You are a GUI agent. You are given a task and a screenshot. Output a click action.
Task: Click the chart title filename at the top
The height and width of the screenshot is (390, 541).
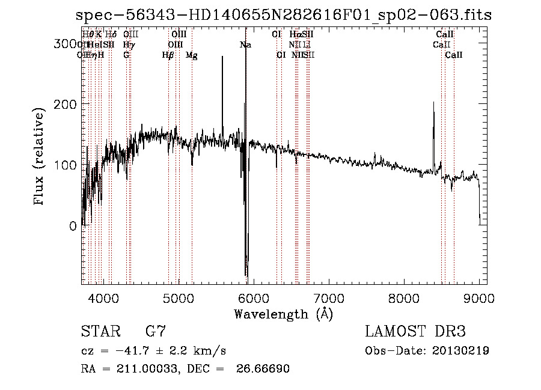284,16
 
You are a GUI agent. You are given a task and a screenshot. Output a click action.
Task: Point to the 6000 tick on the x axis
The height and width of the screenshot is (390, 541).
254,297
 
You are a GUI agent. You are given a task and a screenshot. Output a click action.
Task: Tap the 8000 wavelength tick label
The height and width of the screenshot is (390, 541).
404,297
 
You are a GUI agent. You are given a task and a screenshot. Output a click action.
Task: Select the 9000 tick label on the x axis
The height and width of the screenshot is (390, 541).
479,297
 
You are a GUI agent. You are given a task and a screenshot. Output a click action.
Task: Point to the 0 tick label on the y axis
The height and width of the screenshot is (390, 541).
73,226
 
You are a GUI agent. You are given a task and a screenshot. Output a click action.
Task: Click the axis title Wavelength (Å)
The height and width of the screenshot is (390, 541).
283,314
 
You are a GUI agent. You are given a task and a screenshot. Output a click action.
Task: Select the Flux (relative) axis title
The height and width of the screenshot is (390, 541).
40,158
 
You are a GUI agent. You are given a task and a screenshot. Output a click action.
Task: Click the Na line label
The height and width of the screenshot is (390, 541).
245,45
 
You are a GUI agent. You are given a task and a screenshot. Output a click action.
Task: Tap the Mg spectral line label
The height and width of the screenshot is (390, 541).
192,55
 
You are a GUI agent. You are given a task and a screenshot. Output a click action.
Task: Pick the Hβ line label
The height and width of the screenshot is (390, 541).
168,55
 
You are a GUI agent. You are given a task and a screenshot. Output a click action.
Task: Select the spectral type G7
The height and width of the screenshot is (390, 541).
156,332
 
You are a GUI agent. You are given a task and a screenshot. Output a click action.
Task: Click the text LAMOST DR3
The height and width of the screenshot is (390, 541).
415,332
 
